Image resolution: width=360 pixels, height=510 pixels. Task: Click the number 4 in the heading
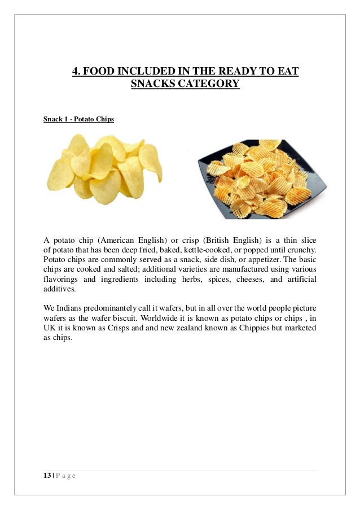point(76,71)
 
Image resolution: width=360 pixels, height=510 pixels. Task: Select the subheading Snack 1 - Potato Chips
point(78,120)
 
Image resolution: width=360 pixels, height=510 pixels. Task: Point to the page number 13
point(47,475)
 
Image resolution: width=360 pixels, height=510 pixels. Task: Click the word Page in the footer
point(66,475)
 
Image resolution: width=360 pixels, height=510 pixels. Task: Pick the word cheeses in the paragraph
point(238,280)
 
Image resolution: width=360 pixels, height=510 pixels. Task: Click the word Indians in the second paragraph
point(69,308)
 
